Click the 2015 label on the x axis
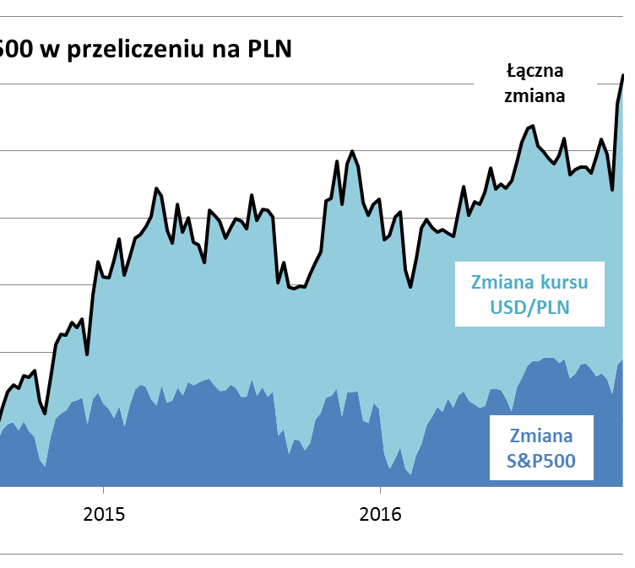pos(103,514)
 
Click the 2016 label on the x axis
pos(380,514)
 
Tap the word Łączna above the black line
pos(535,69)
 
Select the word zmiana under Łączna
pos(535,95)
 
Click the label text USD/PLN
pos(530,307)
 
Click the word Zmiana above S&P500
pos(542,435)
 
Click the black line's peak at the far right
pos(623,75)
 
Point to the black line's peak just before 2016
pos(351,151)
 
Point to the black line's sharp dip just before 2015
pos(88,354)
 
